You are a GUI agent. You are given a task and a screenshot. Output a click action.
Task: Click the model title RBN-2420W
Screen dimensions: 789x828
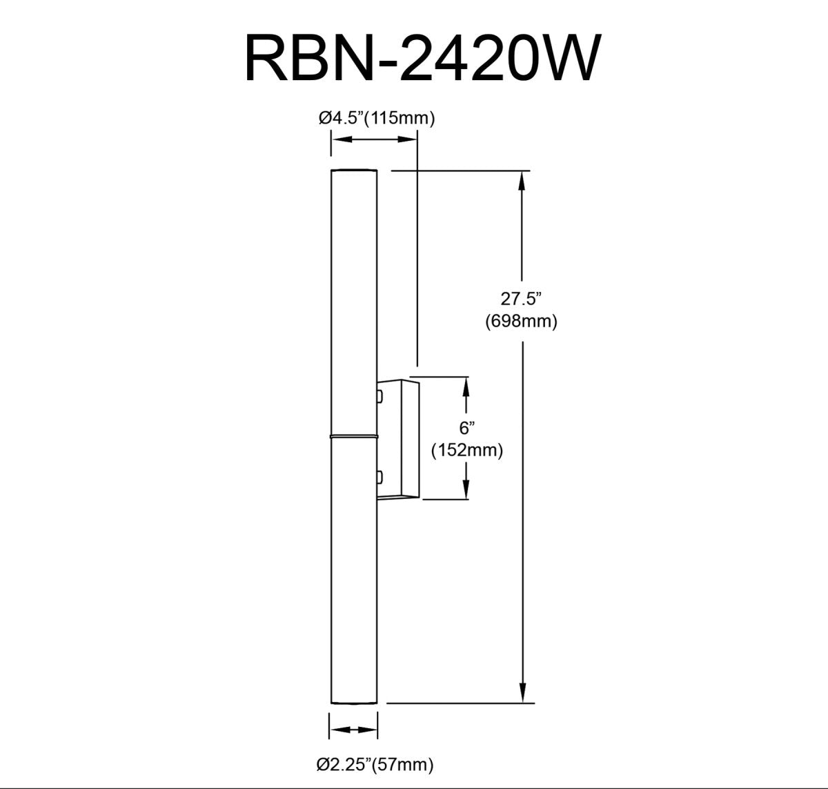pyautogui.click(x=420, y=60)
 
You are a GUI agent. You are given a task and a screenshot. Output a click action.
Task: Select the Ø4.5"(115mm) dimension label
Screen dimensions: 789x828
pyautogui.click(x=376, y=118)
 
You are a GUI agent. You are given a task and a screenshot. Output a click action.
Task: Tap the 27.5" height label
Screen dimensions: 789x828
pyautogui.click(x=522, y=299)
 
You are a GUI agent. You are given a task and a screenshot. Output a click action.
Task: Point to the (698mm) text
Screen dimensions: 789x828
pyautogui.click(x=522, y=321)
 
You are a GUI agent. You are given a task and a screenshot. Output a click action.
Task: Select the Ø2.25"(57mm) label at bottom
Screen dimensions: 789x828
pyautogui.click(x=375, y=764)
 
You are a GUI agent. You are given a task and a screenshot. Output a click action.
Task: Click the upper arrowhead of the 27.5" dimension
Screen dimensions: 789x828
pyautogui.click(x=524, y=181)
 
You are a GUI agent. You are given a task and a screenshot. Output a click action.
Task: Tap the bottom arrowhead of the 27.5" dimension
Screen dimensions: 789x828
pyautogui.click(x=524, y=692)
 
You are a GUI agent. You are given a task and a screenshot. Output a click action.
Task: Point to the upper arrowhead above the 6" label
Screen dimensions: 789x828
pyautogui.click(x=467, y=387)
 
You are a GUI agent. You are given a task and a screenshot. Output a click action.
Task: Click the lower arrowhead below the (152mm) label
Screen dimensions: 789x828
pyautogui.click(x=467, y=489)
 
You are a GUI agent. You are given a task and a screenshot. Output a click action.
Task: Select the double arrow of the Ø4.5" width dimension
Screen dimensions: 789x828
pyautogui.click(x=373, y=140)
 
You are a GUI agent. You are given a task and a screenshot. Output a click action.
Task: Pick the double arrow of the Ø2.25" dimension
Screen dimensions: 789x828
pyautogui.click(x=353, y=730)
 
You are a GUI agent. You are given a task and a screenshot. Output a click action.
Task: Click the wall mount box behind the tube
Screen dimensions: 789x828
pyautogui.click(x=398, y=438)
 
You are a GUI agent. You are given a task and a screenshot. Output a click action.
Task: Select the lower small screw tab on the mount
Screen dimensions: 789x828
pyautogui.click(x=379, y=476)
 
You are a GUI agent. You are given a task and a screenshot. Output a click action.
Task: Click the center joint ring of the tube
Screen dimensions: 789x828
pyautogui.click(x=353, y=437)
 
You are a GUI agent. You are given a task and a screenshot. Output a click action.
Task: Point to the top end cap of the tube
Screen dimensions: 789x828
pyautogui.click(x=353, y=171)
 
